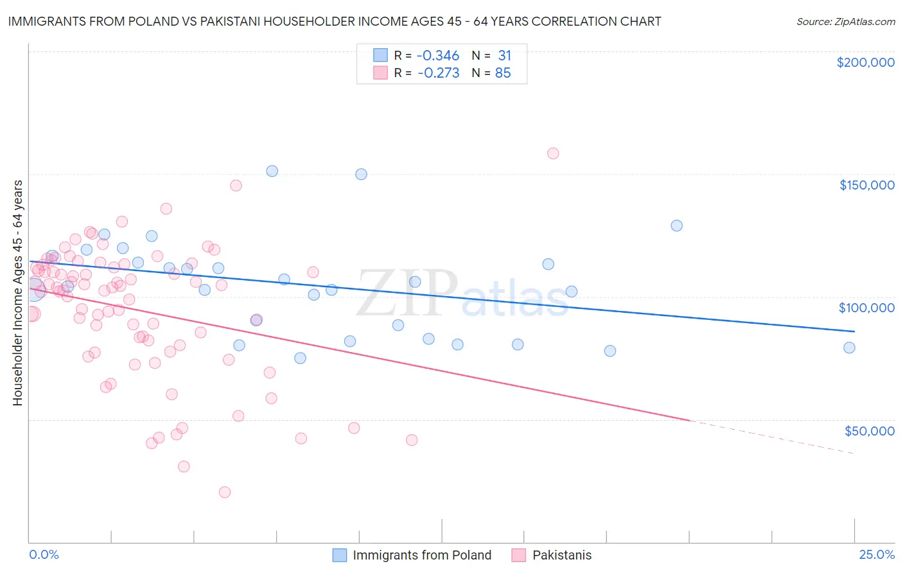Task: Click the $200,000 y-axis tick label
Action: [865, 62]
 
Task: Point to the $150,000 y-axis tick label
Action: [866, 185]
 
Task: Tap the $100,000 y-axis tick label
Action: [866, 308]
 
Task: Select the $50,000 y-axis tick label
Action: [869, 430]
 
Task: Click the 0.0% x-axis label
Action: [44, 554]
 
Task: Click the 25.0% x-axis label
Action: [877, 554]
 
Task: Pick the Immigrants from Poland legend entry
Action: [421, 555]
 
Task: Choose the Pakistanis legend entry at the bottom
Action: [561, 555]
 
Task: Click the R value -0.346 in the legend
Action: [438, 56]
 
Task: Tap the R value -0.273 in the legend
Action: [438, 73]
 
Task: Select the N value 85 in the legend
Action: [503, 73]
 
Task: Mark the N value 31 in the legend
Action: [504, 56]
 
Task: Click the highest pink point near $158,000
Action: [553, 154]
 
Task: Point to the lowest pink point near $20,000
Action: [225, 492]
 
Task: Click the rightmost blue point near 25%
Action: [849, 348]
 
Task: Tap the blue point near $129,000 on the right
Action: [676, 225]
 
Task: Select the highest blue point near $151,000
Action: [272, 171]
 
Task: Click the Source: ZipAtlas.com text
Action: [845, 22]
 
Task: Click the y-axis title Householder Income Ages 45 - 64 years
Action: [18, 293]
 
